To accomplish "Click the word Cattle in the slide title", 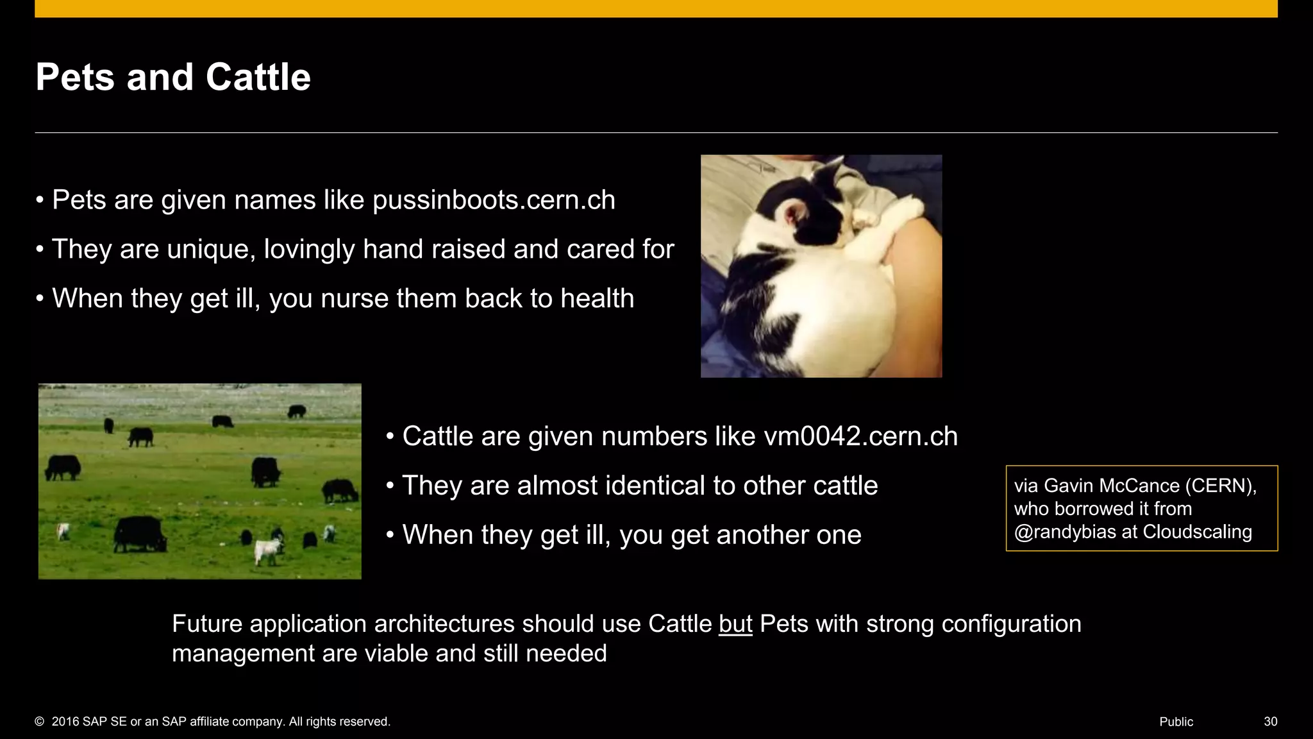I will pos(258,78).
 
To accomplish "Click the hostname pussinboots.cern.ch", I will pos(494,200).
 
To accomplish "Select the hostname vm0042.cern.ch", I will pos(860,436).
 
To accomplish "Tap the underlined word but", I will pos(735,624).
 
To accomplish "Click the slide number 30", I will pos(1270,722).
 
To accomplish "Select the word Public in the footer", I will pos(1176,722).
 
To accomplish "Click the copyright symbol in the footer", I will pos(40,722).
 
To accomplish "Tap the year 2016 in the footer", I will pos(65,722).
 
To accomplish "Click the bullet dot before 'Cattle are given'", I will pos(390,437).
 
